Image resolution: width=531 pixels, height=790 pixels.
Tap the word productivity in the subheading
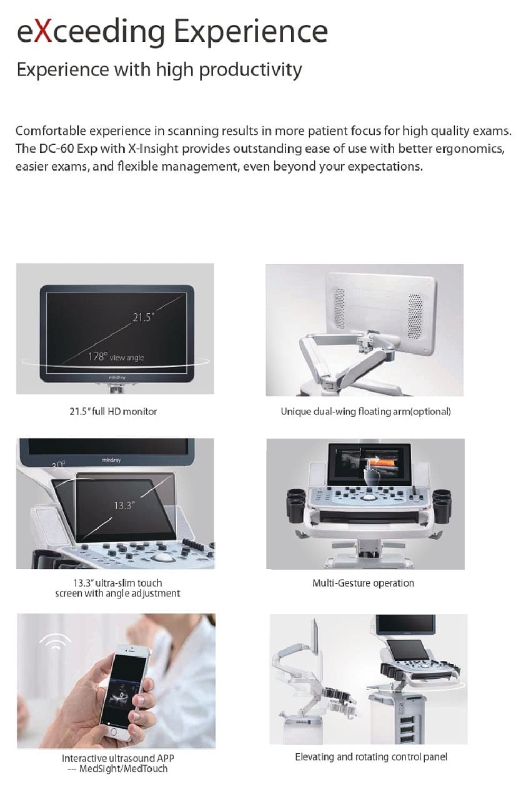point(251,70)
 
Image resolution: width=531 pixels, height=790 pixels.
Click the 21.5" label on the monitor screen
point(143,318)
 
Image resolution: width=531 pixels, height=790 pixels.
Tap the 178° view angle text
point(116,357)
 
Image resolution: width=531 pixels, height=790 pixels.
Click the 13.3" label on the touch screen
point(124,505)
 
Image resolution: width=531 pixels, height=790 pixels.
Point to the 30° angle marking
point(59,465)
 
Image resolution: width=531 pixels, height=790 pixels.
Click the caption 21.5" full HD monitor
point(113,412)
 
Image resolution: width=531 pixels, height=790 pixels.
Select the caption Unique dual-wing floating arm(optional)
point(366,412)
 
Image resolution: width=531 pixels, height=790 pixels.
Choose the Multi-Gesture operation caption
point(364,583)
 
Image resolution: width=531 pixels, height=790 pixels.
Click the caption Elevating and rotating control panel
point(371,757)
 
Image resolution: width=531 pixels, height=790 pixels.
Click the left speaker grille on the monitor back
point(340,308)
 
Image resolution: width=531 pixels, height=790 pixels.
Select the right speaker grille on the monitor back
point(415,315)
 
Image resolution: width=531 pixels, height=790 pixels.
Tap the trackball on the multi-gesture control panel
point(369,497)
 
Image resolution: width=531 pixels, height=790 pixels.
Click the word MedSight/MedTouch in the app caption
point(123,769)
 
